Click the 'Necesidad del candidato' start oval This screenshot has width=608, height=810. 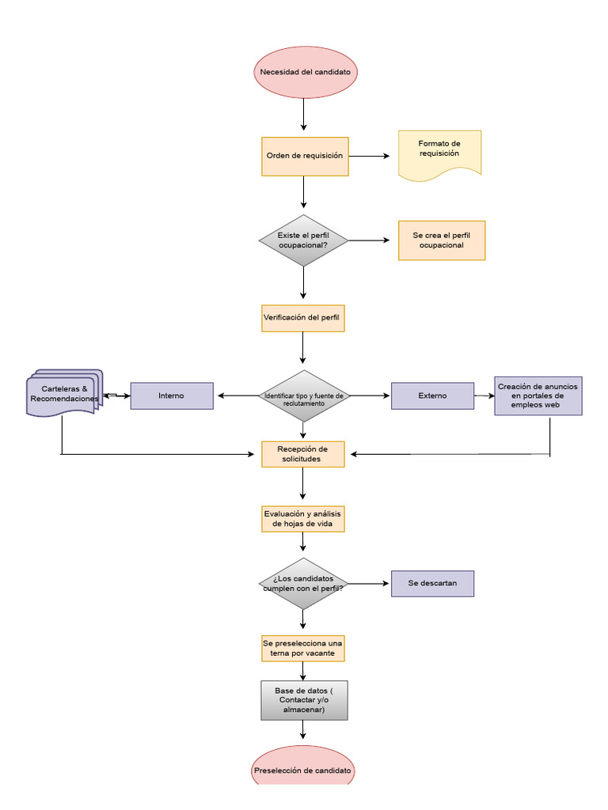coord(305,72)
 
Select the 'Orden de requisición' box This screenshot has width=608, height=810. coord(305,156)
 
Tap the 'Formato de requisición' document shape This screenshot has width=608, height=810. coord(439,154)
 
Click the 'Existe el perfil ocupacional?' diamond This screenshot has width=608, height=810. coord(303,240)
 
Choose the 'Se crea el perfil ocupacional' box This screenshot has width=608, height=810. coord(441,240)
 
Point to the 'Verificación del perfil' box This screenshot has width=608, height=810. coord(303,317)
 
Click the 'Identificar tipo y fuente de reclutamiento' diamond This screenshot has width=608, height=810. coord(303,396)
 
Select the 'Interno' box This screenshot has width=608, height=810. coord(172,396)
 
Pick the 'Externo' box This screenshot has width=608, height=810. coord(432,396)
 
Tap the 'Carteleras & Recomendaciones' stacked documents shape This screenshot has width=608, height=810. coord(63,394)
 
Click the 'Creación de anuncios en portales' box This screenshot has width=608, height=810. coord(538,396)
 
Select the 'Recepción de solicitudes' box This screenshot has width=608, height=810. coord(303,454)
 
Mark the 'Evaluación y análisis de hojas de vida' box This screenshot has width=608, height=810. coord(303,519)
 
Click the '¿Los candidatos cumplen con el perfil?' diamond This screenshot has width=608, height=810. coord(303,584)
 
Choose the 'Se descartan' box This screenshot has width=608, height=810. coord(432,583)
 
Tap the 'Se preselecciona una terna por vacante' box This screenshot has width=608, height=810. coord(303,649)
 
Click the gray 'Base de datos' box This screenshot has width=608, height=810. coord(304,700)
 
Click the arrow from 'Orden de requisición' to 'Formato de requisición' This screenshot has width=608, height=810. coord(369,156)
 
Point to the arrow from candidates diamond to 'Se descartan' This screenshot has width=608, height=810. coord(369,584)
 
